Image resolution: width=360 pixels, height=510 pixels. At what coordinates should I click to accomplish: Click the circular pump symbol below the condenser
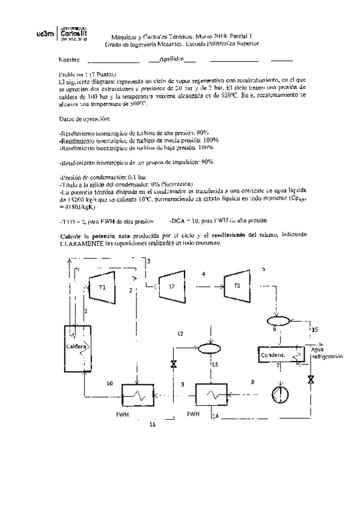[x=278, y=393]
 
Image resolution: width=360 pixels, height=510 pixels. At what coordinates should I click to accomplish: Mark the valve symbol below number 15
[x=311, y=380]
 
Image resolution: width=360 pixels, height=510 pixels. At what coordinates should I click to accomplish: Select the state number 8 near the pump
[x=252, y=382]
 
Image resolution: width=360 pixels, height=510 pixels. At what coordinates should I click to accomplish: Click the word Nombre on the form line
[x=69, y=61]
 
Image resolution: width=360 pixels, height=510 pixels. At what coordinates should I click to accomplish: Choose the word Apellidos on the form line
[x=171, y=60]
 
